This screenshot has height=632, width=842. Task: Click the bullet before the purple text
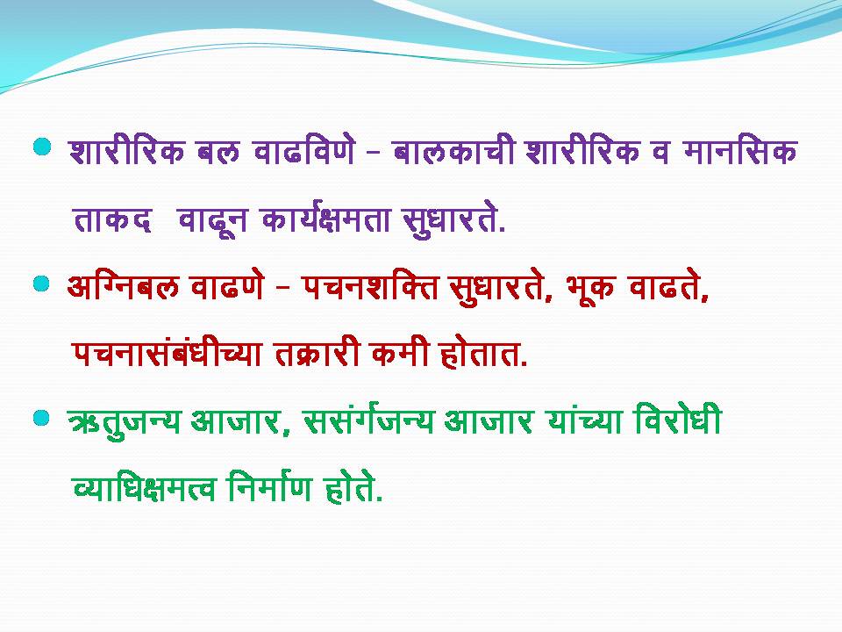42,147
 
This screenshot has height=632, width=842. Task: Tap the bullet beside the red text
41,284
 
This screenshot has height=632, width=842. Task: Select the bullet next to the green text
41,418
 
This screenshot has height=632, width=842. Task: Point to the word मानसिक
740,151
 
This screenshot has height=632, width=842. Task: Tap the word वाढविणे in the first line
304,151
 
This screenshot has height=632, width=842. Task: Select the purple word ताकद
112,219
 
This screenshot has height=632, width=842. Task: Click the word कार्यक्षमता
326,219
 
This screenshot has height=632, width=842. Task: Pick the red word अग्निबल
123,285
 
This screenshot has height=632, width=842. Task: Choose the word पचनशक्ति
370,286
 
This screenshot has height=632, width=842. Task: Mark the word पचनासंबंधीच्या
167,353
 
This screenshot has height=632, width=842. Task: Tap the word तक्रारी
317,353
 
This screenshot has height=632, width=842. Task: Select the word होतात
483,353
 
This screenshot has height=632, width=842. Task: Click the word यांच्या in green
585,420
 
